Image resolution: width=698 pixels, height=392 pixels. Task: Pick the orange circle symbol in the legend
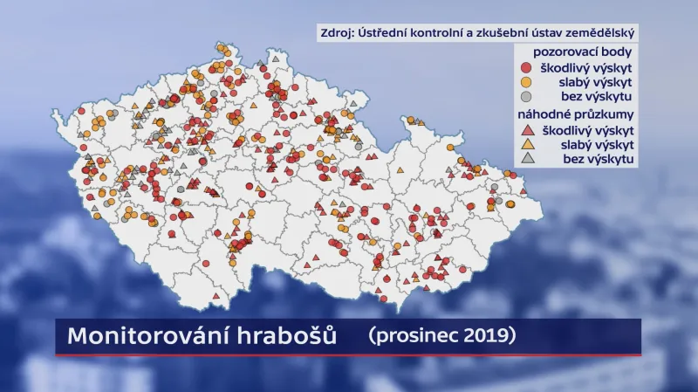526,82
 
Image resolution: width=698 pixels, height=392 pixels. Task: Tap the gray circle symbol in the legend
526,97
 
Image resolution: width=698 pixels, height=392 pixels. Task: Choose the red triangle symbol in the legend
526,129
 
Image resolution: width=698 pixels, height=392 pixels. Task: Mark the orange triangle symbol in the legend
526,144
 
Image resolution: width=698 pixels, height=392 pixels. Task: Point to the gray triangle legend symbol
526,159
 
